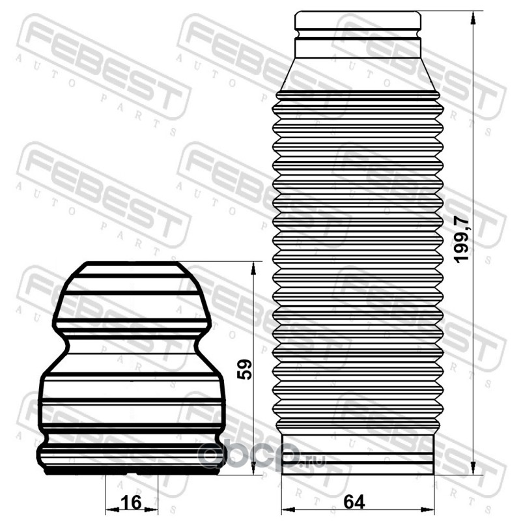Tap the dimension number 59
point(245,369)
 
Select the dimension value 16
point(131,502)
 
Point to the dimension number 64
point(354,501)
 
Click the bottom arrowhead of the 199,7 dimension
point(473,468)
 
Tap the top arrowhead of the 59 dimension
point(253,269)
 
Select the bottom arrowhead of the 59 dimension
point(253,468)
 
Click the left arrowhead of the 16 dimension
point(112,509)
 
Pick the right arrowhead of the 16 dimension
point(151,509)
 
